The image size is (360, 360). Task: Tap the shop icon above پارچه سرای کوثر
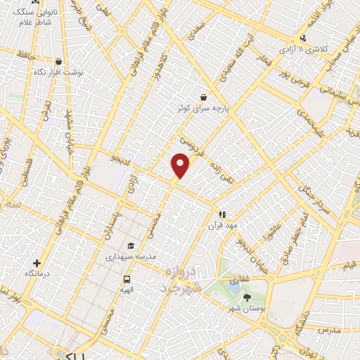tap(203, 97)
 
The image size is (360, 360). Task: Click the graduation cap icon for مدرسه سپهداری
tap(130, 246)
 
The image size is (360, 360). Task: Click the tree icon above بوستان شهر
tap(246, 298)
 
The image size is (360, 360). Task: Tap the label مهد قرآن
tap(219, 226)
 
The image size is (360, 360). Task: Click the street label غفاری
tap(240, 279)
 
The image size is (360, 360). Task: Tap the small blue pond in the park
tap(233, 287)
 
